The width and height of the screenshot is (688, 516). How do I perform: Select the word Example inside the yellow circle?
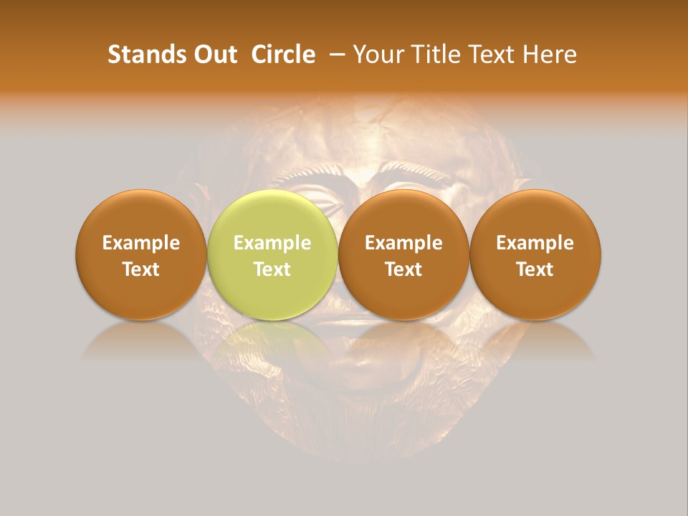[x=272, y=243]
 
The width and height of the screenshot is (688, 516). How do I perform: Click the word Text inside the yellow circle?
[x=272, y=269]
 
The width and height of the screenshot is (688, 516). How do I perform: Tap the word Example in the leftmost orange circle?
[x=140, y=243]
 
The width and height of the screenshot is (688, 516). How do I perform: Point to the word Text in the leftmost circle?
[x=140, y=269]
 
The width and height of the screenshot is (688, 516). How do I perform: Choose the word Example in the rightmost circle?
[x=535, y=243]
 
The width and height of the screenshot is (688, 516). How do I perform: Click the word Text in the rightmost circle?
[x=535, y=269]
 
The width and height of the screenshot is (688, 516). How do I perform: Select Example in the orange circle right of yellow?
[x=403, y=243]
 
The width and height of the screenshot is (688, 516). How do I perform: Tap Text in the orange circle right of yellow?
[x=403, y=269]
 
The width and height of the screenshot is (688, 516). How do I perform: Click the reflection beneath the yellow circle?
[x=272, y=340]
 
